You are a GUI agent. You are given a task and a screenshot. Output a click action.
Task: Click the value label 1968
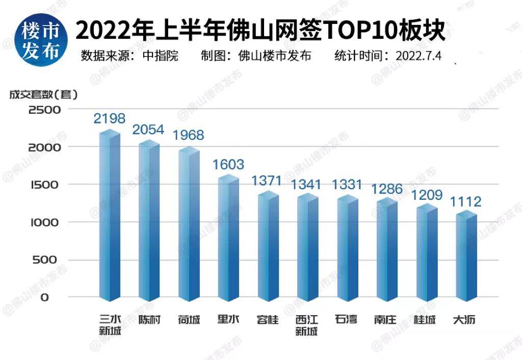pyautogui.click(x=188, y=136)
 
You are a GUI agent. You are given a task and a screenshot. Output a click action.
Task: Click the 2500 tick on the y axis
pyautogui.click(x=45, y=110)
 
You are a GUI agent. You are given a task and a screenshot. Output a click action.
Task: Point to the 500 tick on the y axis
pyautogui.click(x=48, y=260)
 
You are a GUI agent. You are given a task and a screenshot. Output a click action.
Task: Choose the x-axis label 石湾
pyautogui.click(x=347, y=320)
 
